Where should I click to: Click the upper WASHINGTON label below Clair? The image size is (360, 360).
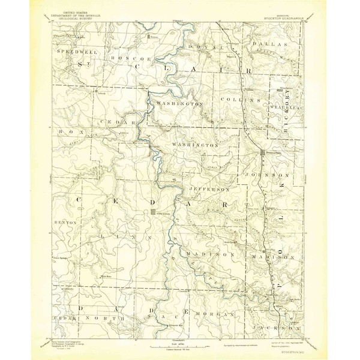tap(178, 104)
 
